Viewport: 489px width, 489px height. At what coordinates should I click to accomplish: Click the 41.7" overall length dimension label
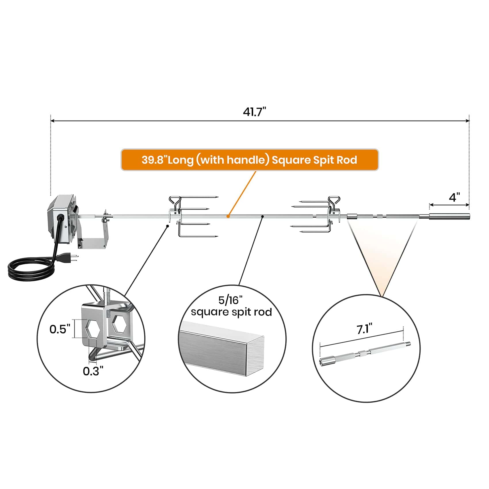[x=255, y=112]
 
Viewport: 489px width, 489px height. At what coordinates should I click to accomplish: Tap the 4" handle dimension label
[x=454, y=197]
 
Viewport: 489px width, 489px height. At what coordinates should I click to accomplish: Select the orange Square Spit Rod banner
[x=249, y=160]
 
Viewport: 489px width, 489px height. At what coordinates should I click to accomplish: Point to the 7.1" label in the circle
[x=364, y=329]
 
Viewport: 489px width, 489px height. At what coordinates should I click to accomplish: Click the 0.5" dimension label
[x=60, y=329]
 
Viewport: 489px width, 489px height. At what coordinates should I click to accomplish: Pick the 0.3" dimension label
[x=93, y=371]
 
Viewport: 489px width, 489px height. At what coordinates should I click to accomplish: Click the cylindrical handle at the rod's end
[x=449, y=216]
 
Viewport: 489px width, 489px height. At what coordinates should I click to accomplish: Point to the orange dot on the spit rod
[x=228, y=216]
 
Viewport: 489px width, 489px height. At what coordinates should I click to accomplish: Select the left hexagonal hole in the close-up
[x=93, y=328]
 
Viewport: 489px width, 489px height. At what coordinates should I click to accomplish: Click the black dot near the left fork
[x=167, y=226]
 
